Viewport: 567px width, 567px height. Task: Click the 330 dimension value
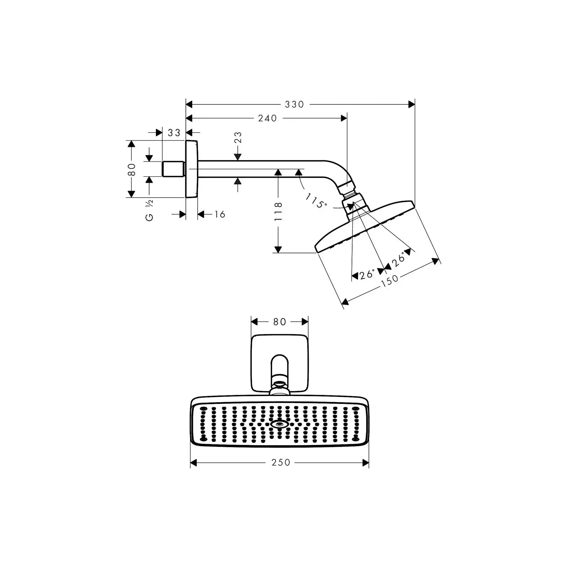click(x=294, y=104)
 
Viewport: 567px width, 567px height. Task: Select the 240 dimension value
click(x=267, y=118)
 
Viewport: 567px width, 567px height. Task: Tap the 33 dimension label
click(x=174, y=133)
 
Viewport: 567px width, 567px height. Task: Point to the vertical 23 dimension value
click(x=238, y=137)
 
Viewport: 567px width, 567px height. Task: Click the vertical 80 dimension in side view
click(x=132, y=169)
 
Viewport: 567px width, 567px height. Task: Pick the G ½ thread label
click(x=149, y=210)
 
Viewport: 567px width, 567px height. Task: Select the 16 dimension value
click(x=220, y=214)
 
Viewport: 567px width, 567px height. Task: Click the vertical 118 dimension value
click(x=278, y=211)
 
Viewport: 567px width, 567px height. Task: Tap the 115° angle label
click(x=316, y=201)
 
